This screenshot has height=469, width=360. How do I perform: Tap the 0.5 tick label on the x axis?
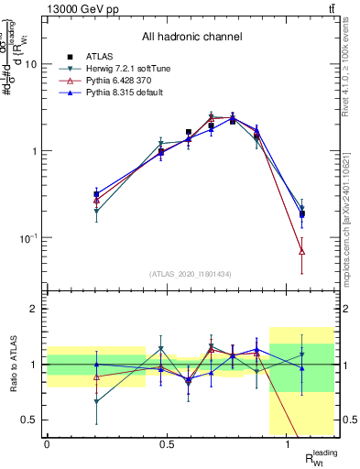point(167,444)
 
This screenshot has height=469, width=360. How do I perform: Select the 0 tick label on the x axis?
point(47,444)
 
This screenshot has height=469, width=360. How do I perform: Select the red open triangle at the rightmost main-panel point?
point(302,251)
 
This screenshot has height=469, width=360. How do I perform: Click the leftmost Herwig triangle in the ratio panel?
point(97,401)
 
